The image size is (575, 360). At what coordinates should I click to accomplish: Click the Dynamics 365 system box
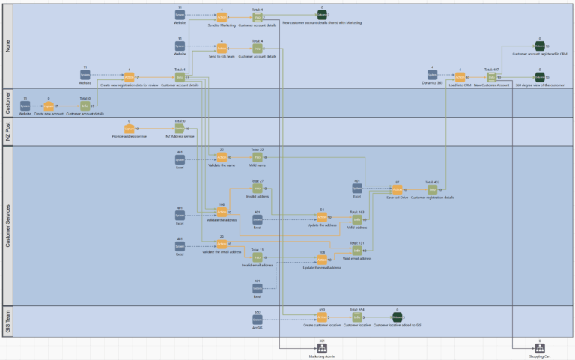(431, 76)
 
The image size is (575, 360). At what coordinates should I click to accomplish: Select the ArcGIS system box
(258, 317)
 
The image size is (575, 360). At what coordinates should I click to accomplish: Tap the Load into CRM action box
(460, 76)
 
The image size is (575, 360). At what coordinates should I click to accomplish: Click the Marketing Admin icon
(322, 349)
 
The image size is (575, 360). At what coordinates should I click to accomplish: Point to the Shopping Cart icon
(539, 349)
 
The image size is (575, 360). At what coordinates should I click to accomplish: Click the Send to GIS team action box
(222, 48)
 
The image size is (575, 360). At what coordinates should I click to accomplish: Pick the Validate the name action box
(222, 157)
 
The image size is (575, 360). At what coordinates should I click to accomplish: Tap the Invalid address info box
(257, 189)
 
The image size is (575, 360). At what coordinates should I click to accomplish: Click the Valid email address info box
(357, 251)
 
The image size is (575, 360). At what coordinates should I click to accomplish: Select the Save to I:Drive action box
(397, 189)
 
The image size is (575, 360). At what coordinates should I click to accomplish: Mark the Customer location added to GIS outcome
(397, 317)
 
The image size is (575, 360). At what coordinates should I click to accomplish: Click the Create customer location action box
(322, 317)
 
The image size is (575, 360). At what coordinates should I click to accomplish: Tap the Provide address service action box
(129, 129)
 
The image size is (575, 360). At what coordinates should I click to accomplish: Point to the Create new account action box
(49, 106)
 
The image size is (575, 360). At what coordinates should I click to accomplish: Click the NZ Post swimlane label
(7, 131)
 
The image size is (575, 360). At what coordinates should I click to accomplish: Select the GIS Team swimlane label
(7, 320)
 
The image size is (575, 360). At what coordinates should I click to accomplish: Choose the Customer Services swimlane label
(7, 225)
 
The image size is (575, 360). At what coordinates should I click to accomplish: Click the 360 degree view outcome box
(539, 77)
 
